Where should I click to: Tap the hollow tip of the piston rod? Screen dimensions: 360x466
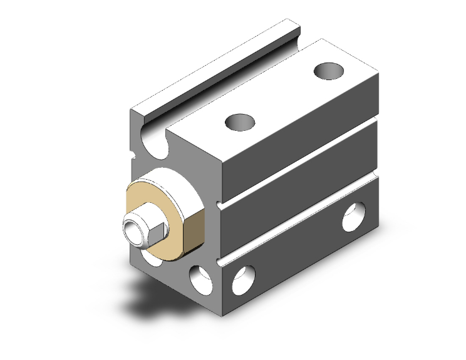133,229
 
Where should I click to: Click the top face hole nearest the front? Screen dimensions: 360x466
241,121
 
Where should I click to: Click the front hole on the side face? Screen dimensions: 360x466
244,280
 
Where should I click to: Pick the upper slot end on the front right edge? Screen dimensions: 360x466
219,205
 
